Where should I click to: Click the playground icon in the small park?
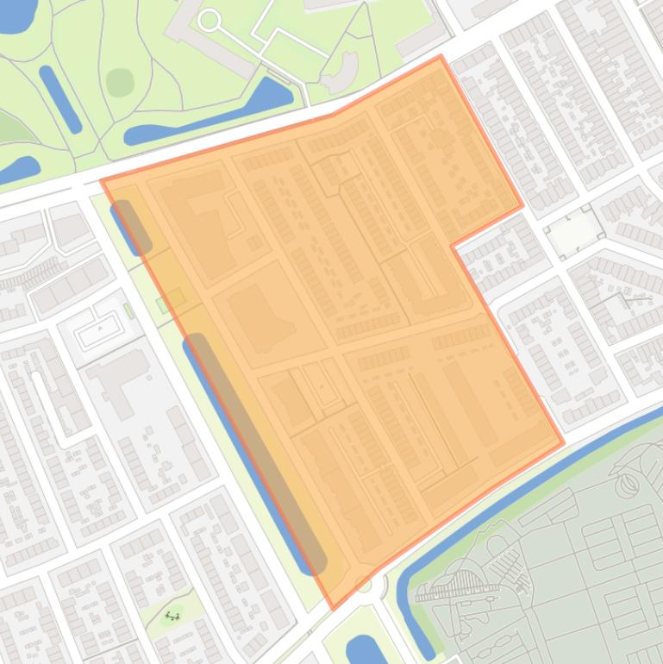tap(172, 616)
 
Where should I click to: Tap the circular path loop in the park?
tap(209, 19)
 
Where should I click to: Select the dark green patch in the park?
tap(120, 82)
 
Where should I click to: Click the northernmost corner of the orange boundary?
tap(441, 57)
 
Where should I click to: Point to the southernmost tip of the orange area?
tap(335, 608)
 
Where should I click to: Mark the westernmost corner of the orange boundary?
tap(102, 181)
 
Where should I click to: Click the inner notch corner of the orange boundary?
tap(453, 245)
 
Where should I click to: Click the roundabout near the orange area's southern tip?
tap(364, 586)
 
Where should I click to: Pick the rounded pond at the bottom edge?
tap(360, 649)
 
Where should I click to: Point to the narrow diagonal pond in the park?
tap(60, 98)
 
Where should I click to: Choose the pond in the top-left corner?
tap(16, 16)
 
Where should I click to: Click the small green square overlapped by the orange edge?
tap(169, 301)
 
